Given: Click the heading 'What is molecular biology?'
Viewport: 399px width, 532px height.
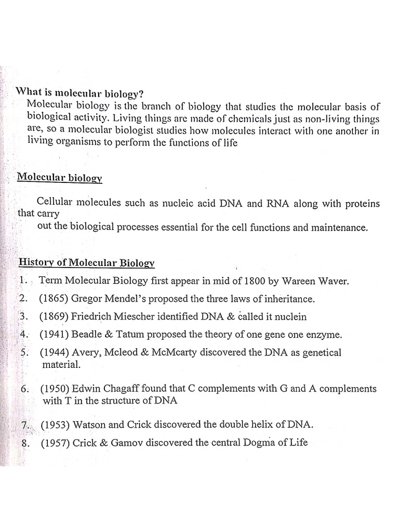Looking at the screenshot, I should click(x=79, y=93).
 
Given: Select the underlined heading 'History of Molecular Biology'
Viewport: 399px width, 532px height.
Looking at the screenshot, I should click(x=86, y=263).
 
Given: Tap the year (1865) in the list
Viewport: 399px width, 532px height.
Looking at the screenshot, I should click(x=54, y=299).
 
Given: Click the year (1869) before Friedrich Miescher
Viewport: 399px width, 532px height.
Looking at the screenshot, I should click(x=54, y=316).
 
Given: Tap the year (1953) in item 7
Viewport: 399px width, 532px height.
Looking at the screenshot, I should click(x=56, y=424).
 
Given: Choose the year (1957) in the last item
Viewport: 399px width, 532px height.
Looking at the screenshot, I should click(x=55, y=443).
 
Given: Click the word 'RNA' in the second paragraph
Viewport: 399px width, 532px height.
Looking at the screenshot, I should click(x=277, y=203).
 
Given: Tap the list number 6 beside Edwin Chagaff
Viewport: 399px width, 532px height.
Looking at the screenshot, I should click(x=23, y=389).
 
